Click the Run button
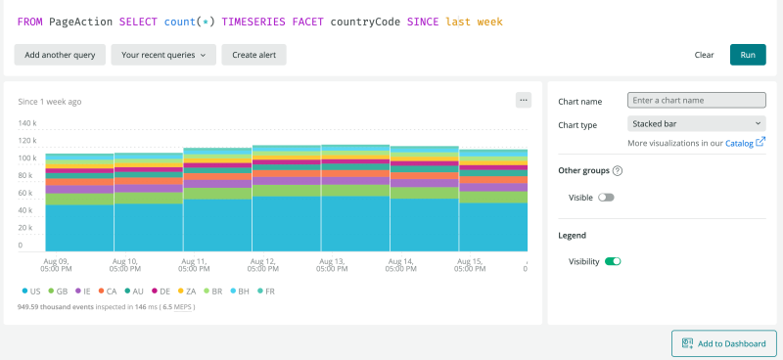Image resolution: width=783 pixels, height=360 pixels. tap(748, 55)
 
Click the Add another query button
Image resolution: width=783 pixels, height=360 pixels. tap(60, 55)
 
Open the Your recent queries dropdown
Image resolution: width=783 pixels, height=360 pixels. tap(163, 55)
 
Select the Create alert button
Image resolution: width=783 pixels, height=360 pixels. tap(253, 55)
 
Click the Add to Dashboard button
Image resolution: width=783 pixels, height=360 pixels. tap(724, 343)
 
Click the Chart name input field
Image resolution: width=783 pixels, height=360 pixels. tap(695, 100)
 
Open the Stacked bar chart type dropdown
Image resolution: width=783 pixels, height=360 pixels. tap(695, 124)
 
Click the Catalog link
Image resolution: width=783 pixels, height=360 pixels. tap(740, 143)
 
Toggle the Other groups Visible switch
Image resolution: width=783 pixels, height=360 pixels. tap(606, 198)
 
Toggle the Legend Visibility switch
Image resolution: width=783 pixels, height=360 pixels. tap(613, 261)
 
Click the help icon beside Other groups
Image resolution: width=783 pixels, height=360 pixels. tap(618, 170)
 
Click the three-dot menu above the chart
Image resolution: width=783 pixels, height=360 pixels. tap(523, 100)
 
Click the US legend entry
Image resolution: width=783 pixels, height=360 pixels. tap(31, 291)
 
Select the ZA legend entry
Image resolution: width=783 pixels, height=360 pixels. tap(187, 291)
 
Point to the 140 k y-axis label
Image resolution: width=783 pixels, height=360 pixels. tap(27, 123)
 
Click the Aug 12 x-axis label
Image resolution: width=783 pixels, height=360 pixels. tap(264, 265)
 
